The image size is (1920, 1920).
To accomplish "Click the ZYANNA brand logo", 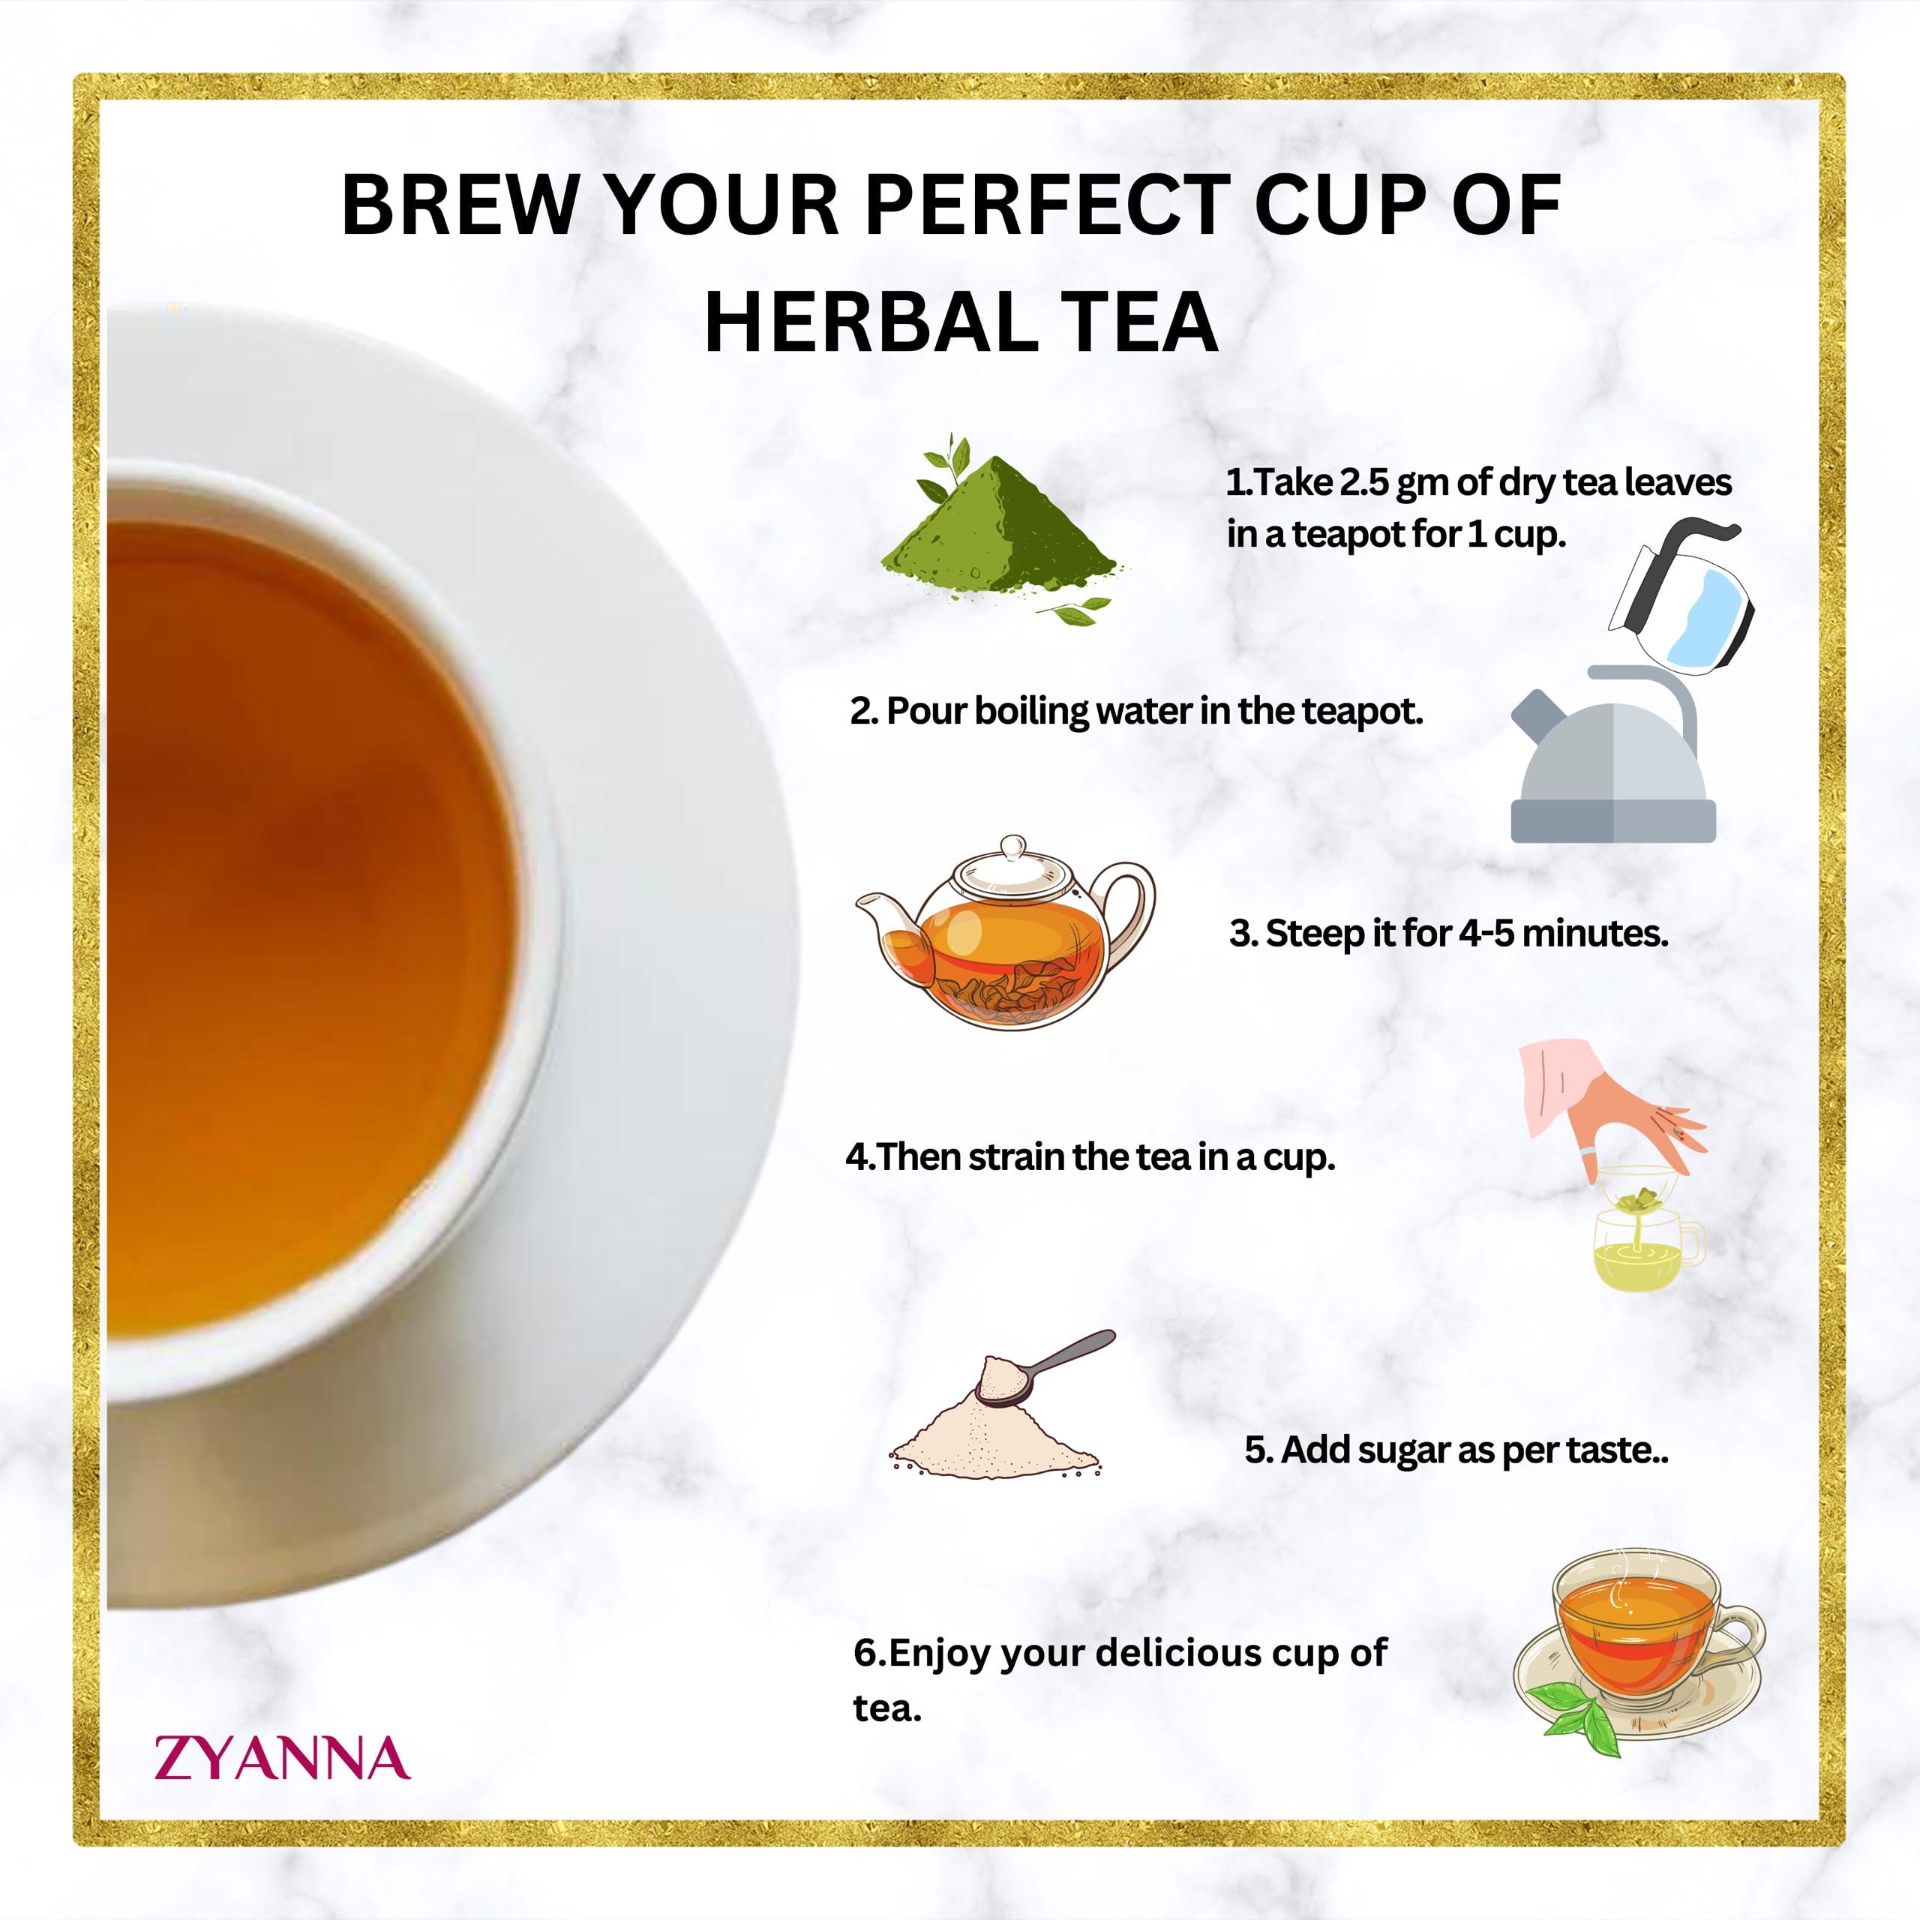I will (x=281, y=1758).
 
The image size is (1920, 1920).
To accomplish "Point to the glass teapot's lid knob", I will (x=1012, y=847).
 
